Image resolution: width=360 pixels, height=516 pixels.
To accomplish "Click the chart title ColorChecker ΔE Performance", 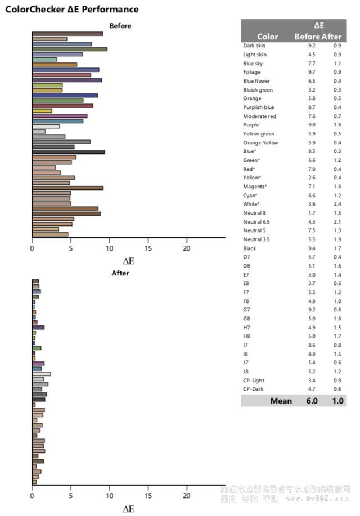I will tap(71, 10).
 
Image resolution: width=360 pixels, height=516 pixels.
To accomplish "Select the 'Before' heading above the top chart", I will tap(120, 26).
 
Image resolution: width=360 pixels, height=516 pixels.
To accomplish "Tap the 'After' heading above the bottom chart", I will tap(120, 273).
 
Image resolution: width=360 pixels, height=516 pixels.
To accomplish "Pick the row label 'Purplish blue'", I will tap(259, 107).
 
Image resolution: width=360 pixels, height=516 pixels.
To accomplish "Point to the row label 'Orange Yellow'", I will tap(260, 143).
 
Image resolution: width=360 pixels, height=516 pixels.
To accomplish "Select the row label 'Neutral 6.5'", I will tap(256, 222).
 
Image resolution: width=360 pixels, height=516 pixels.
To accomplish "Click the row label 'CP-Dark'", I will tap(253, 389).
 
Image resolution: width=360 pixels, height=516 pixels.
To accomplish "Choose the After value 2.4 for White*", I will tap(337, 204).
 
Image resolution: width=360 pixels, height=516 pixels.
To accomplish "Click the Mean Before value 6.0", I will tap(312, 401).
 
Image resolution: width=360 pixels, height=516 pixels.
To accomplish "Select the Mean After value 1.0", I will tap(337, 401).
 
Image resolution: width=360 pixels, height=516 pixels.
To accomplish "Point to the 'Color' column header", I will tap(268, 37).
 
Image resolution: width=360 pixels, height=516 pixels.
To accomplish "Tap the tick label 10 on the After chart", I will tap(109, 496).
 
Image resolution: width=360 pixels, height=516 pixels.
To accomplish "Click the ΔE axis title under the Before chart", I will tap(129, 261).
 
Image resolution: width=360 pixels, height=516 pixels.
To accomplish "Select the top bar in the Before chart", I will tap(67, 34).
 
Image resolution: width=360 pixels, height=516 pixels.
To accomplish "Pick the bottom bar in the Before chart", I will tap(50, 234).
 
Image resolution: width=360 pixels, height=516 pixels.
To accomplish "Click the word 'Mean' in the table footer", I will tap(281, 401).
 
